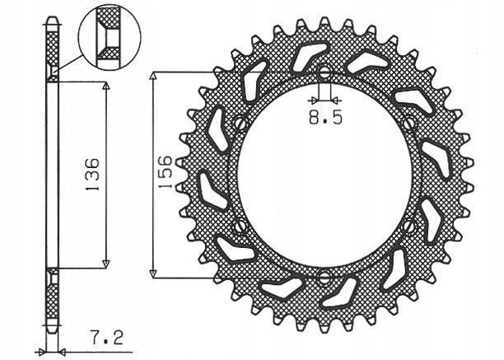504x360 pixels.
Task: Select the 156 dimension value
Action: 166,173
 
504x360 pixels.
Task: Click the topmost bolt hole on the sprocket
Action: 324,72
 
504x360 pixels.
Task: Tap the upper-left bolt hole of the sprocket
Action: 240,124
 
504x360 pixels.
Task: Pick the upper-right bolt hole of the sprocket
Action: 409,124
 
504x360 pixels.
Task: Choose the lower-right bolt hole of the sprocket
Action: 409,224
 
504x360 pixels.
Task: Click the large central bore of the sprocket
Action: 324,174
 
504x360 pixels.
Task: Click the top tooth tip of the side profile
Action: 53,21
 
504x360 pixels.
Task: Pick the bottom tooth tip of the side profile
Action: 53,330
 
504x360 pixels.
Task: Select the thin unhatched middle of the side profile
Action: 52,174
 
